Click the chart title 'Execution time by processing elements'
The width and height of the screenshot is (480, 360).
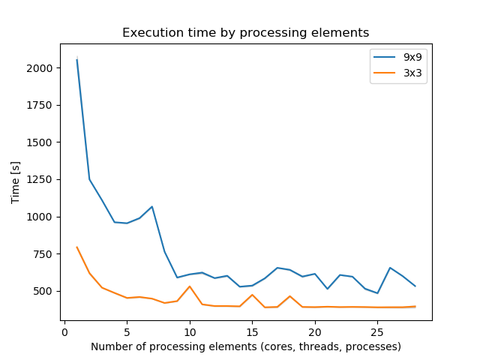245,33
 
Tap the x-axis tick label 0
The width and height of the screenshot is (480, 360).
64,331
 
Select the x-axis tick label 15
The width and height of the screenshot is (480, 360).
252,331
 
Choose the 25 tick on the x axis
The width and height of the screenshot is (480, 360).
377,331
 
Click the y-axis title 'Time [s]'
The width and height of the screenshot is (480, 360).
15,184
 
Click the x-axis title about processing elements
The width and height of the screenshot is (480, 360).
246,346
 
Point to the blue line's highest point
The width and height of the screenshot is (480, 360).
77,59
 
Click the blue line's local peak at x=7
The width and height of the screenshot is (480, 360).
152,207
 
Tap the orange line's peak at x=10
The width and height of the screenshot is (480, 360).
190,286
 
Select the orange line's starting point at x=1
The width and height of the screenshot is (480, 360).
77,247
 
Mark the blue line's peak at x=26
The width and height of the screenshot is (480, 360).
390,268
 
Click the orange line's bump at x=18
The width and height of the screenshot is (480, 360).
289,296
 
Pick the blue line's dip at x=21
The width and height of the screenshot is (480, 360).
327,289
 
